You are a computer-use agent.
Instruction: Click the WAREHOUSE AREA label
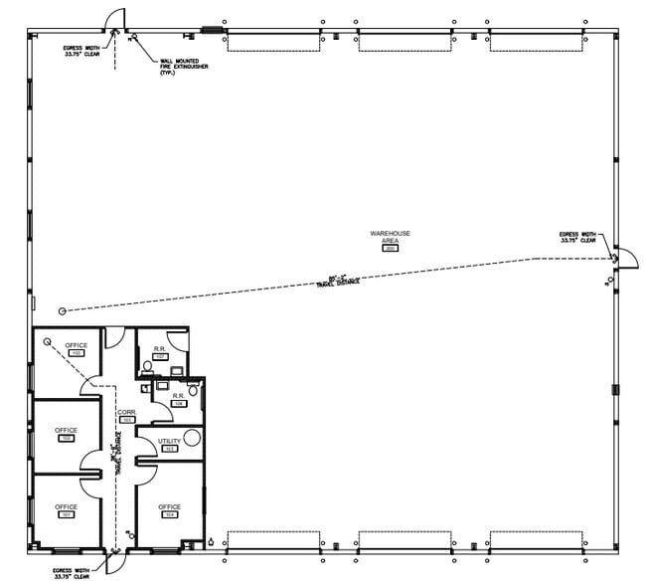tap(391, 237)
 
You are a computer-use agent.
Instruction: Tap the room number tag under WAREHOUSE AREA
tap(391, 249)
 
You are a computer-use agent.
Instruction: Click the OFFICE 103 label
tap(76, 345)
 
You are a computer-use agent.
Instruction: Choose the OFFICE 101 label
tap(67, 507)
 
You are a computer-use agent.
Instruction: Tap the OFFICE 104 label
tap(169, 507)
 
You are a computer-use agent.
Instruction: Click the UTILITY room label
tap(169, 441)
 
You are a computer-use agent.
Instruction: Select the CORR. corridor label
tap(126, 412)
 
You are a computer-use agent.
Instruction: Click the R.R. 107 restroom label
tap(160, 350)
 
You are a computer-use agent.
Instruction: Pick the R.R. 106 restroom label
tap(179, 396)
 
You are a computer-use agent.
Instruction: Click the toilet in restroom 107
tap(148, 366)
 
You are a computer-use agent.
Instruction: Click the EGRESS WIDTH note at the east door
tap(577, 237)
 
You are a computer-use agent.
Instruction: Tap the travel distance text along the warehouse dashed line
tap(338, 280)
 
